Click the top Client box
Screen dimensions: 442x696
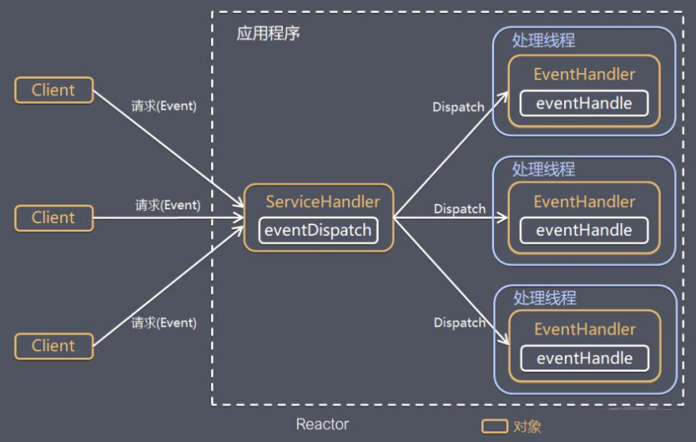[54, 90]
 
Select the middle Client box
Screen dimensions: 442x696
[54, 218]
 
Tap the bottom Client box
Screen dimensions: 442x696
[54, 346]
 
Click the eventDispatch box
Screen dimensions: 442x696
[318, 231]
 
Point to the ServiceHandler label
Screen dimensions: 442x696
[322, 202]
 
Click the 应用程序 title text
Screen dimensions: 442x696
[268, 35]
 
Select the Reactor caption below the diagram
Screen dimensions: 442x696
[322, 424]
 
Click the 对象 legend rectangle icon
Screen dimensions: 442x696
[494, 426]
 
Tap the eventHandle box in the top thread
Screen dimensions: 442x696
[584, 103]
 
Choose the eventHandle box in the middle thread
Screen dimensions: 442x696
[584, 231]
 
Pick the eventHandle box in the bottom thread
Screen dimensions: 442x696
[585, 358]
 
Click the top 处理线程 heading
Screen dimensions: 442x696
[544, 40]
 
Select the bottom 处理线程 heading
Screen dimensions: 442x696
[544, 297]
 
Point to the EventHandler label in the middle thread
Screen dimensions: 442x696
[585, 202]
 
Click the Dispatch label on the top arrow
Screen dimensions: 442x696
[458, 108]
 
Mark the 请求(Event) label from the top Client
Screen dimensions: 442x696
[163, 106]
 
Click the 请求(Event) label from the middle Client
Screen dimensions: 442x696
[168, 205]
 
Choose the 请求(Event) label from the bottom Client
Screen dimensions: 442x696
[163, 323]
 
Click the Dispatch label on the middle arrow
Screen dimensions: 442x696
[460, 208]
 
